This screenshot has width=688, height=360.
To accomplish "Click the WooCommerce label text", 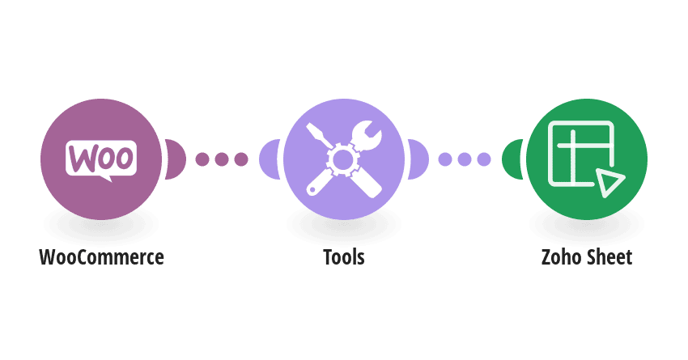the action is click(x=101, y=257).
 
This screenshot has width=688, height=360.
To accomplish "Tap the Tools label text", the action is click(x=344, y=257).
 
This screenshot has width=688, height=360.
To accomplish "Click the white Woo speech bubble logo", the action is click(x=101, y=159).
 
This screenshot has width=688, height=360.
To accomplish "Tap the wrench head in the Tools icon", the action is click(x=367, y=135).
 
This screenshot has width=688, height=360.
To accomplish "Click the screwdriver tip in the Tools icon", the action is click(x=312, y=129).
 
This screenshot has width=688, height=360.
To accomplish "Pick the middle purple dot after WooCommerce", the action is click(x=222, y=159).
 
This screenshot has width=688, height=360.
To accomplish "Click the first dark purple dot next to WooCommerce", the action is click(x=202, y=159).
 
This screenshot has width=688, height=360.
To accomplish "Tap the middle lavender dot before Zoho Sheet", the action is click(x=465, y=159).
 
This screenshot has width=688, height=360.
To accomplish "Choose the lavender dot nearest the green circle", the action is click(x=484, y=159).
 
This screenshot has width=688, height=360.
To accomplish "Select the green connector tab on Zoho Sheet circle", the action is click(x=512, y=159).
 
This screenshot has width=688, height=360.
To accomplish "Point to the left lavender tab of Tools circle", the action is click(x=270, y=159).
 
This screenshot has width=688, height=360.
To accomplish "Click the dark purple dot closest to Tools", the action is click(x=241, y=159).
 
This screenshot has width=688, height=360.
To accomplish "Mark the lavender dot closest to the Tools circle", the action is click(x=445, y=159).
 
